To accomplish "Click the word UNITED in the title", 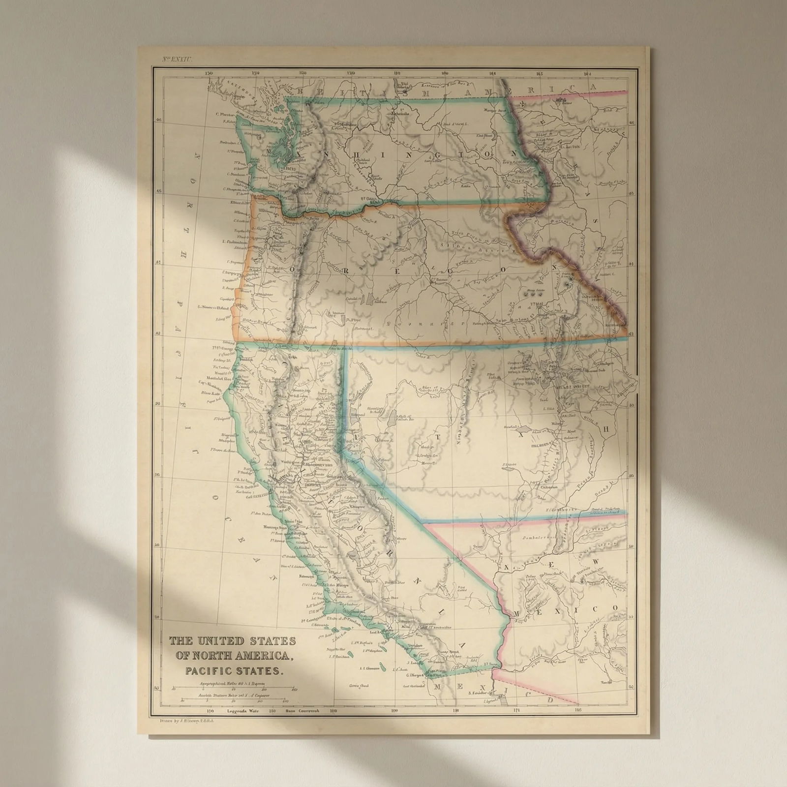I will point(223,641).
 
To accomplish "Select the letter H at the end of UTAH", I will point(606,429).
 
